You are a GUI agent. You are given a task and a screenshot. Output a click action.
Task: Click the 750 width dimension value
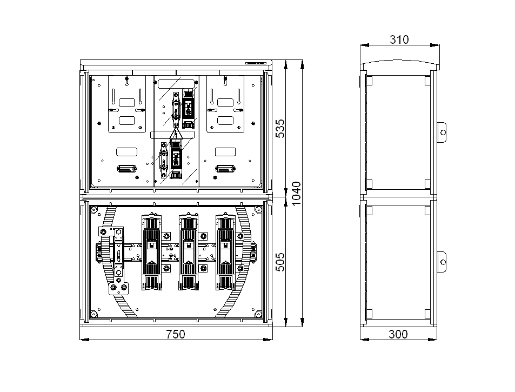(x=176, y=334)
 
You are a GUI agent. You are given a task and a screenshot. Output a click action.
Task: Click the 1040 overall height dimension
(x=296, y=194)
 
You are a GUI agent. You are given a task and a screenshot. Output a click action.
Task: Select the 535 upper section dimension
(x=280, y=129)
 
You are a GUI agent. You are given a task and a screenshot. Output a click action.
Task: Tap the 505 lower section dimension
(x=280, y=262)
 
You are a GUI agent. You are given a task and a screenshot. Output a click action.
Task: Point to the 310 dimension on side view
(x=399, y=40)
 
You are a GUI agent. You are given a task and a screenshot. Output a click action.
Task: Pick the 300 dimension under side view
(x=398, y=334)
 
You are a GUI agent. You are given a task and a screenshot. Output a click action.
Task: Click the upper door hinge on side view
(x=442, y=132)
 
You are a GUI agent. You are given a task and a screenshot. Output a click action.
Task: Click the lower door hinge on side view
(x=442, y=262)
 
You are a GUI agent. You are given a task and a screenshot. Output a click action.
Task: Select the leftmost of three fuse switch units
(x=151, y=252)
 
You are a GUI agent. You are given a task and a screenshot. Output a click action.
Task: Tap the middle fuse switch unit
(x=188, y=252)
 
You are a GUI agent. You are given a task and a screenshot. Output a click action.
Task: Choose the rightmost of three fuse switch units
(x=225, y=252)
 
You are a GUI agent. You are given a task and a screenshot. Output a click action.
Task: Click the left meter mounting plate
(x=127, y=104)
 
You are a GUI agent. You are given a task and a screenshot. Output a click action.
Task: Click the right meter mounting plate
(x=225, y=104)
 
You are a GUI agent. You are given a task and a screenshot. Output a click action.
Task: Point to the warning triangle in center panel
(x=176, y=134)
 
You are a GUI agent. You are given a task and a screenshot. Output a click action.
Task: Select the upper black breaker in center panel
(x=188, y=109)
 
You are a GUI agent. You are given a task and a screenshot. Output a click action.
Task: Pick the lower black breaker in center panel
(x=176, y=159)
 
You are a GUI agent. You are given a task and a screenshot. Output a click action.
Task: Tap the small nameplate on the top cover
(x=256, y=63)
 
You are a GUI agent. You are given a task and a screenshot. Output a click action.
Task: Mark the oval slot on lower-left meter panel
(x=127, y=169)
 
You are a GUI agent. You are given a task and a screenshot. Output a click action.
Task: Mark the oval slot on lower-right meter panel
(x=225, y=169)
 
